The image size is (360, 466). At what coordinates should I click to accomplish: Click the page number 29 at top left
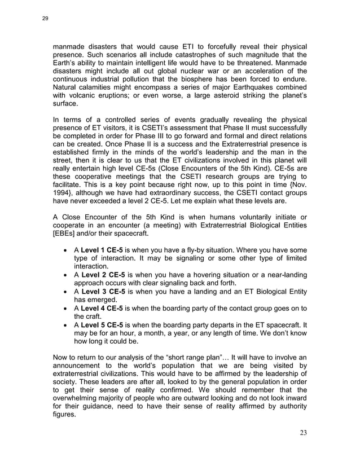45,19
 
